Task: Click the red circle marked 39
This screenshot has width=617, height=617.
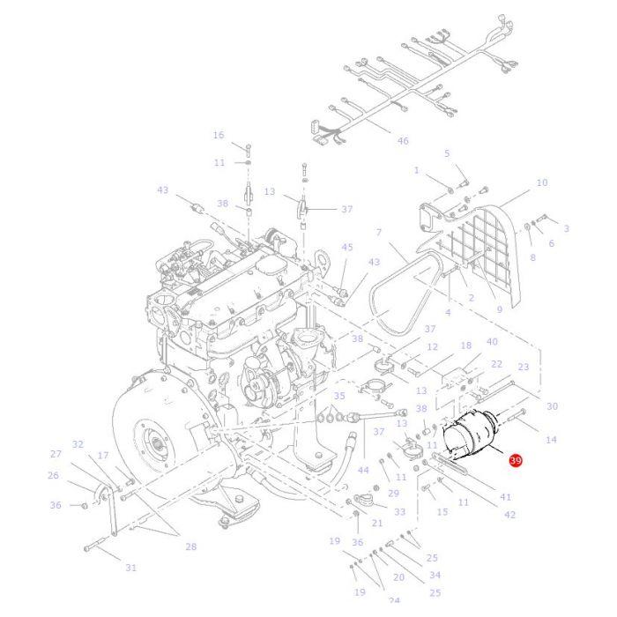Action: tap(516, 461)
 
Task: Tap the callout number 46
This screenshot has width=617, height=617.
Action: tap(403, 141)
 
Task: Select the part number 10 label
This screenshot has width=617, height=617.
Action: tap(541, 182)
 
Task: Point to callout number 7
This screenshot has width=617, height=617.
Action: tap(378, 233)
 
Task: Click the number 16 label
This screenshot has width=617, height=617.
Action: tap(219, 135)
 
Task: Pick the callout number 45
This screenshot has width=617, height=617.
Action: tap(346, 248)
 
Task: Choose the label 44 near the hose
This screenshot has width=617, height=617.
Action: tap(362, 471)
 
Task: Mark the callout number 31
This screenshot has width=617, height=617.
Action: tap(130, 568)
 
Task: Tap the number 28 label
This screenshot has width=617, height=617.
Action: tap(190, 546)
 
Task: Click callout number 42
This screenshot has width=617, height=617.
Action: tap(509, 515)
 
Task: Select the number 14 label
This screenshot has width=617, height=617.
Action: tap(552, 439)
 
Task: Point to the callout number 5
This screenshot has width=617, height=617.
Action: tap(447, 153)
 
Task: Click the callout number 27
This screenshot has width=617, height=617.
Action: tap(56, 454)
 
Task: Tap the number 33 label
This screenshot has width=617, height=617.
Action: tap(399, 511)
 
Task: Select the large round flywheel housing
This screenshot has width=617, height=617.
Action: tap(159, 450)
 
